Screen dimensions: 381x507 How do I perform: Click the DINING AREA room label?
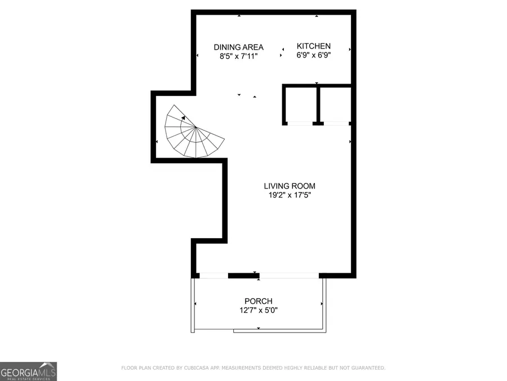[238, 47]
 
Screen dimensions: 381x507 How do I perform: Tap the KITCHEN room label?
[314, 46]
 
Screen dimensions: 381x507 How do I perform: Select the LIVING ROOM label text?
[290, 186]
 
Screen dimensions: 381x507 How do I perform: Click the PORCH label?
[259, 301]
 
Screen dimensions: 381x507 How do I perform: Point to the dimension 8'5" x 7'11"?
[238, 56]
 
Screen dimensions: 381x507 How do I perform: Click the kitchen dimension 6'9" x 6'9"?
[314, 55]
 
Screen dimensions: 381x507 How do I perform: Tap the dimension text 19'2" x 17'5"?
[290, 195]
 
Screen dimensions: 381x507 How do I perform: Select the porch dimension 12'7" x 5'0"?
[259, 310]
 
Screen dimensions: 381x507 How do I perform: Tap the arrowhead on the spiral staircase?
[184, 118]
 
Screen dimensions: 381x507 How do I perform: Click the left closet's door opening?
[299, 123]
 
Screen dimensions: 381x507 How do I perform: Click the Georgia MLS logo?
[28, 371]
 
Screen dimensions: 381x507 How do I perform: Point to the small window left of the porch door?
[214, 275]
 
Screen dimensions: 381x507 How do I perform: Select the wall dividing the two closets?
[318, 104]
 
